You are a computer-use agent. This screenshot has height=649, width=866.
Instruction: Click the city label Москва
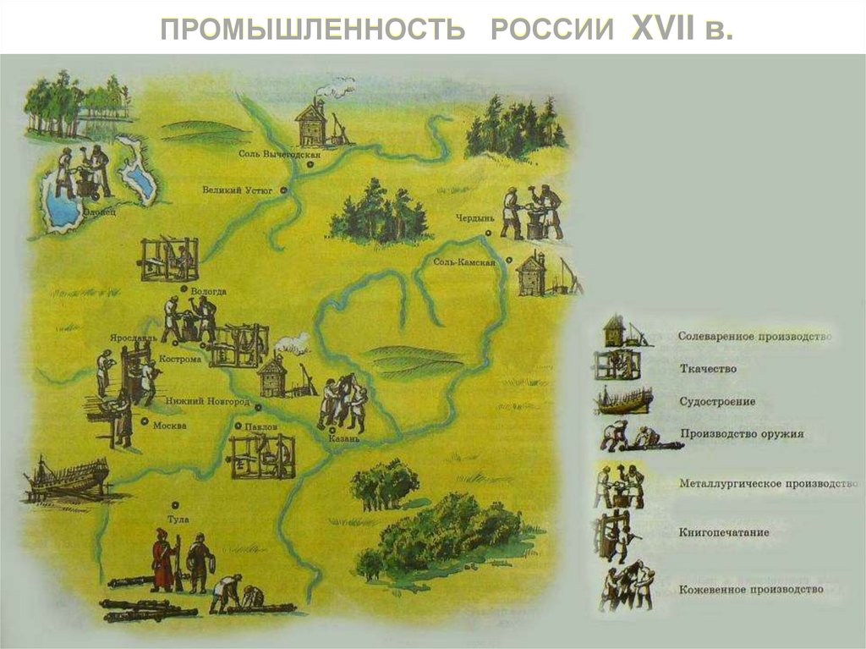[170, 426]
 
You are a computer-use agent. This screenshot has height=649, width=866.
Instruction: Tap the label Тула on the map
[178, 519]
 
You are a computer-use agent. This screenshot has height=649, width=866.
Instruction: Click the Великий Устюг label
[238, 191]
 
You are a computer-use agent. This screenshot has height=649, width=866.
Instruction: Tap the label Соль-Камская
[463, 262]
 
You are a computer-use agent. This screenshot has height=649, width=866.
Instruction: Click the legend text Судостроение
[717, 402]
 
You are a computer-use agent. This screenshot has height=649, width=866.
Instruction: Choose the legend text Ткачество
[708, 369]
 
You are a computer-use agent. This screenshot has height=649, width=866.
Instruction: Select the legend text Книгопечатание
[723, 533]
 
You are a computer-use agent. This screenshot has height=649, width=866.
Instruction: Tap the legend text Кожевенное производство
[750, 590]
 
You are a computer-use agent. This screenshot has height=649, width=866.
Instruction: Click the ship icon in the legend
[624, 400]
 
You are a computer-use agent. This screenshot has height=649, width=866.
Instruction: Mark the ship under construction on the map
[67, 480]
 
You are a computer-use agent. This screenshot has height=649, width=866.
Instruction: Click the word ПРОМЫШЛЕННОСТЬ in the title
[313, 30]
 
